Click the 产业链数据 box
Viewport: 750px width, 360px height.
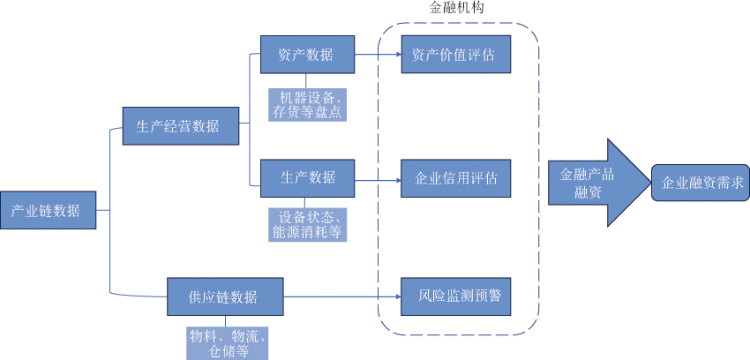pyautogui.click(x=48, y=211)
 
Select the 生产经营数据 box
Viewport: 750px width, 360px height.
pyautogui.click(x=181, y=125)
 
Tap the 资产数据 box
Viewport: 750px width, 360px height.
pyautogui.click(x=307, y=55)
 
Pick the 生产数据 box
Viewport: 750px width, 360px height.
pyautogui.click(x=307, y=177)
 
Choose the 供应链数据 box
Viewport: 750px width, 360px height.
pyautogui.click(x=225, y=296)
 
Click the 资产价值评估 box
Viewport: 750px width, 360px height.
pyautogui.click(x=456, y=55)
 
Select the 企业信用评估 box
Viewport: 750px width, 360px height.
pyautogui.click(x=456, y=177)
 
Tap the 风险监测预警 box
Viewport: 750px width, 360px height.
pyautogui.click(x=456, y=296)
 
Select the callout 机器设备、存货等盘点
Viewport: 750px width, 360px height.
pyautogui.click(x=307, y=104)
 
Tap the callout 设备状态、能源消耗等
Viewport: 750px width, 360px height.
pyautogui.click(x=307, y=225)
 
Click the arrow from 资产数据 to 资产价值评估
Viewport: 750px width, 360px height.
pyautogui.click(x=378, y=55)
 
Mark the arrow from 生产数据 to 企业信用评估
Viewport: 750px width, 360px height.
pyautogui.click(x=378, y=182)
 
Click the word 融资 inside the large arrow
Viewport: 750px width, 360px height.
pyautogui.click(x=588, y=191)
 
